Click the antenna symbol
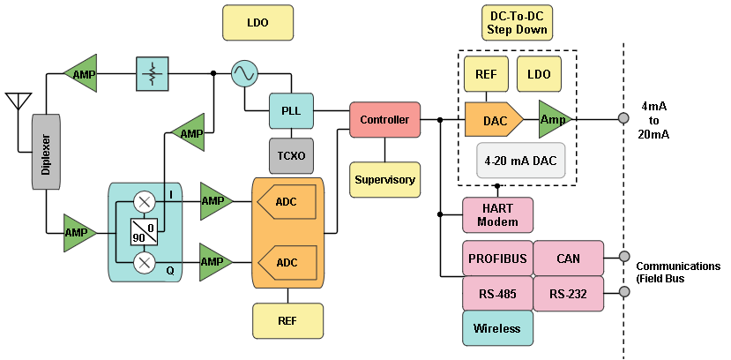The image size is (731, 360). coord(19,99)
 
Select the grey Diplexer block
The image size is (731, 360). coord(46,151)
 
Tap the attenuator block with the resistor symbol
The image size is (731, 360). coord(153,74)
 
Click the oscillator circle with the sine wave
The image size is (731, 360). coord(244,74)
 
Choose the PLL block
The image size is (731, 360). coord(291,111)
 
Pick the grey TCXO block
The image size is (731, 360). coord(291,155)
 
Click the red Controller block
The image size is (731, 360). coord(384,119)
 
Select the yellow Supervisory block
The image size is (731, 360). coord(384,179)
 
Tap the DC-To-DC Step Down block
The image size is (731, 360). coord(517,23)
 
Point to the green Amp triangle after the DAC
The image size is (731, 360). coord(554,119)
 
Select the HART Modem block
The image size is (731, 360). coord(497,215)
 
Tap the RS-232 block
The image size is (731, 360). coord(568,294)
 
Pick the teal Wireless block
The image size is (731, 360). coord(497,328)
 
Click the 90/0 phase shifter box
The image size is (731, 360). coord(145,232)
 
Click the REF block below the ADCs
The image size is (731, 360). coord(287,320)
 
